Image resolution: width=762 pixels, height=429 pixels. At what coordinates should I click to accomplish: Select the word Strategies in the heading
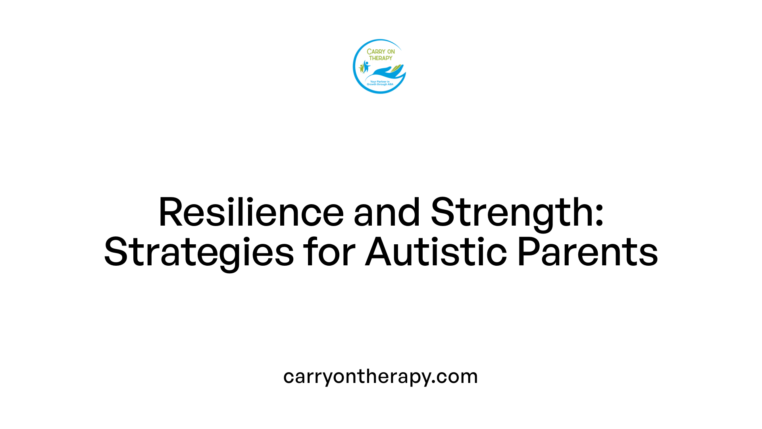tap(198, 252)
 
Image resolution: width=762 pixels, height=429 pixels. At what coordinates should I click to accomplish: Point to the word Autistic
tap(436, 252)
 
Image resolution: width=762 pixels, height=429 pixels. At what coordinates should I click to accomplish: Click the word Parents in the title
tap(587, 252)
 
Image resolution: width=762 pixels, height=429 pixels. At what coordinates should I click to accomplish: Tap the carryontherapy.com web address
tap(380, 376)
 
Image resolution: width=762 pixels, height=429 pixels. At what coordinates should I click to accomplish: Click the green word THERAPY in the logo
tap(381, 58)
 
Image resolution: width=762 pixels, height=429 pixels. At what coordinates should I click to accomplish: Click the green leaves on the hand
tap(396, 69)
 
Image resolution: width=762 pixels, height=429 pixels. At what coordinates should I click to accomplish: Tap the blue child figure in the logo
tap(366, 66)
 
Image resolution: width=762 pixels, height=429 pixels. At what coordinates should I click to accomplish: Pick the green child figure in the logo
tap(362, 68)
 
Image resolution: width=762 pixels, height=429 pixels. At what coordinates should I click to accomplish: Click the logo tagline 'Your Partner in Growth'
tap(380, 83)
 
